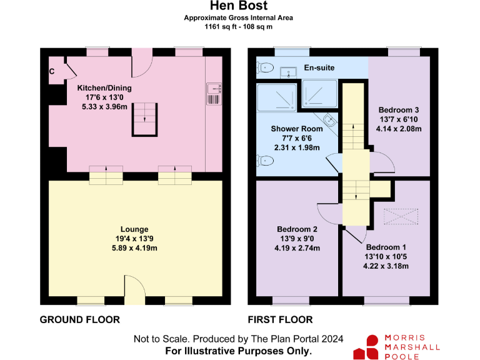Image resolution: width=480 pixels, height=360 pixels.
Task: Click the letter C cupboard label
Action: point(52,71)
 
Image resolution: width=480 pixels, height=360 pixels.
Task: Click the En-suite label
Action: point(319,67)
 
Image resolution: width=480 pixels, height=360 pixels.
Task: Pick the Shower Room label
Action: point(297,129)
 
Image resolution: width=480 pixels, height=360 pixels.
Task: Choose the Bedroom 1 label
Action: point(386,247)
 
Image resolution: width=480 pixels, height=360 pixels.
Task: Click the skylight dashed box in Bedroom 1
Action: point(399,216)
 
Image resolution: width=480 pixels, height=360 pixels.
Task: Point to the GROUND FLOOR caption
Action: point(80,320)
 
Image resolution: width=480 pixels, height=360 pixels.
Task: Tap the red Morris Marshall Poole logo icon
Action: point(367,347)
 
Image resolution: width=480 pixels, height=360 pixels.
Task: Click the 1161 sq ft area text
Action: point(238,27)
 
